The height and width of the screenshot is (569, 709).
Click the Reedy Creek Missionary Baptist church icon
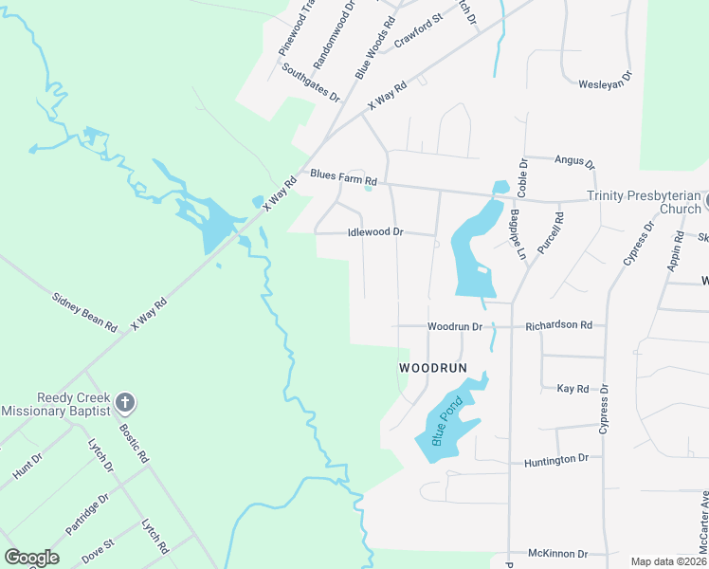[123, 403]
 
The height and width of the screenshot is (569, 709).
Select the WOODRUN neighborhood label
[435, 366]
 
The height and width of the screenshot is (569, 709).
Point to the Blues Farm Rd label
[344, 178]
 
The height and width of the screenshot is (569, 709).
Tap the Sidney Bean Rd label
[84, 312]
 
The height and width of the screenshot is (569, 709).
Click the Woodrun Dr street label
[455, 326]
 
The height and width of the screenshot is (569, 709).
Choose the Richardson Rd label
[559, 324]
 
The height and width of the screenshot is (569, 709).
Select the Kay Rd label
[573, 389]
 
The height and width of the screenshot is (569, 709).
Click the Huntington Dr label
[556, 459]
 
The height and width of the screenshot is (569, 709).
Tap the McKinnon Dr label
[558, 553]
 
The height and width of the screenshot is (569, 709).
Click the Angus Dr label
[574, 161]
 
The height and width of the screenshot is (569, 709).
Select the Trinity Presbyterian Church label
[643, 202]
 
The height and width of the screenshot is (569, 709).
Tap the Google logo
[31, 557]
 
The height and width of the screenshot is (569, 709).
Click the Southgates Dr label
[310, 80]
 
